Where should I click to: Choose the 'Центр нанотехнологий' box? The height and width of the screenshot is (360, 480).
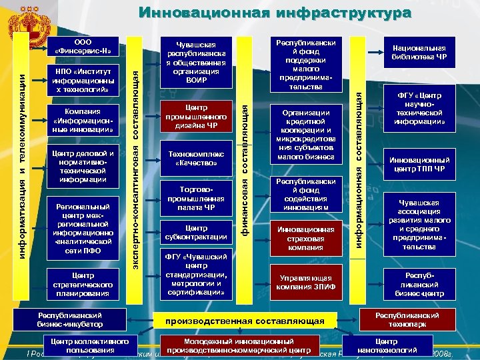click(387, 345)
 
